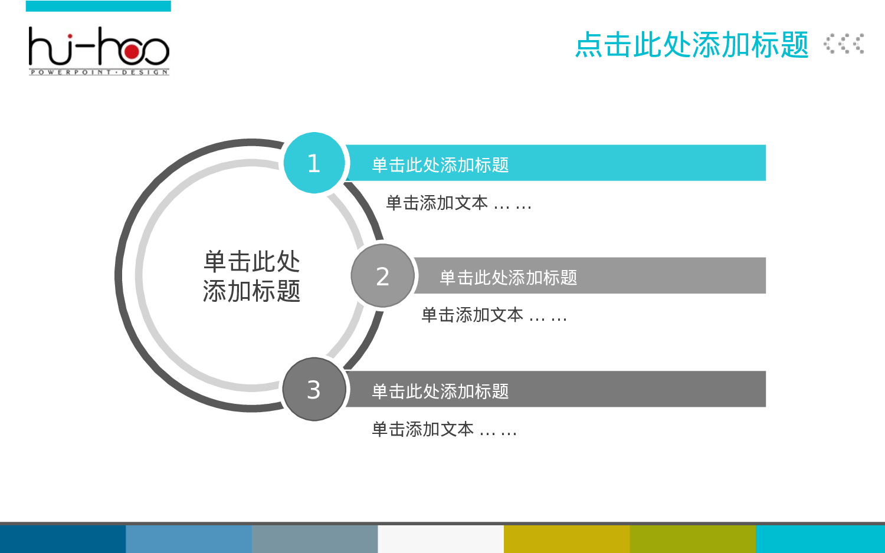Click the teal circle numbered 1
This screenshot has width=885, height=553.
(314, 163)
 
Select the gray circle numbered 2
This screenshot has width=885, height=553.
(382, 276)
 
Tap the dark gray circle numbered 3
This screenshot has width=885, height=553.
(314, 389)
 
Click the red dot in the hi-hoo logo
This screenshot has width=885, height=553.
(132, 52)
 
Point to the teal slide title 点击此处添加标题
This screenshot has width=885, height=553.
(691, 45)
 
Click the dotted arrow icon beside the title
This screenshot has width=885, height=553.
(844, 44)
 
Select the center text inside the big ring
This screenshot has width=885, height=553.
(252, 276)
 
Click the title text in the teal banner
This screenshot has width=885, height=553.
(440, 165)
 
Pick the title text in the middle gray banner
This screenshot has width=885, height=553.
(508, 278)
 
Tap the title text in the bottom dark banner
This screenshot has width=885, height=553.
(440, 391)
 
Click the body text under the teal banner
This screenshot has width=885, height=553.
(458, 203)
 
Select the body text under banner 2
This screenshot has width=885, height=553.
(494, 315)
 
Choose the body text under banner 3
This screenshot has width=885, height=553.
(444, 430)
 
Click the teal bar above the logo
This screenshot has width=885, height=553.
(99, 6)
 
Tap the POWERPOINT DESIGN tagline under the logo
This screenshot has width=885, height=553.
(99, 73)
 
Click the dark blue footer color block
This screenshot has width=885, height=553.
(63, 539)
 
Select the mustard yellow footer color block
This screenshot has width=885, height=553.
(566, 539)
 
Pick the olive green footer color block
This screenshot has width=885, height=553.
(693, 539)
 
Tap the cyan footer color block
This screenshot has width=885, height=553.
(820, 539)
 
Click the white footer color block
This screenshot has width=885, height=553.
(440, 539)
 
